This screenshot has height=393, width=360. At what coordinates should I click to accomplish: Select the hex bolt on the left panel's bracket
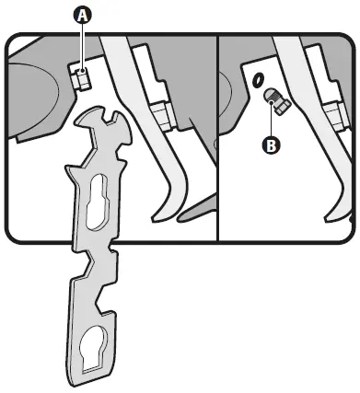164,115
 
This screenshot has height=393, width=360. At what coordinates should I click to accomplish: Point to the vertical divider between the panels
216,138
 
